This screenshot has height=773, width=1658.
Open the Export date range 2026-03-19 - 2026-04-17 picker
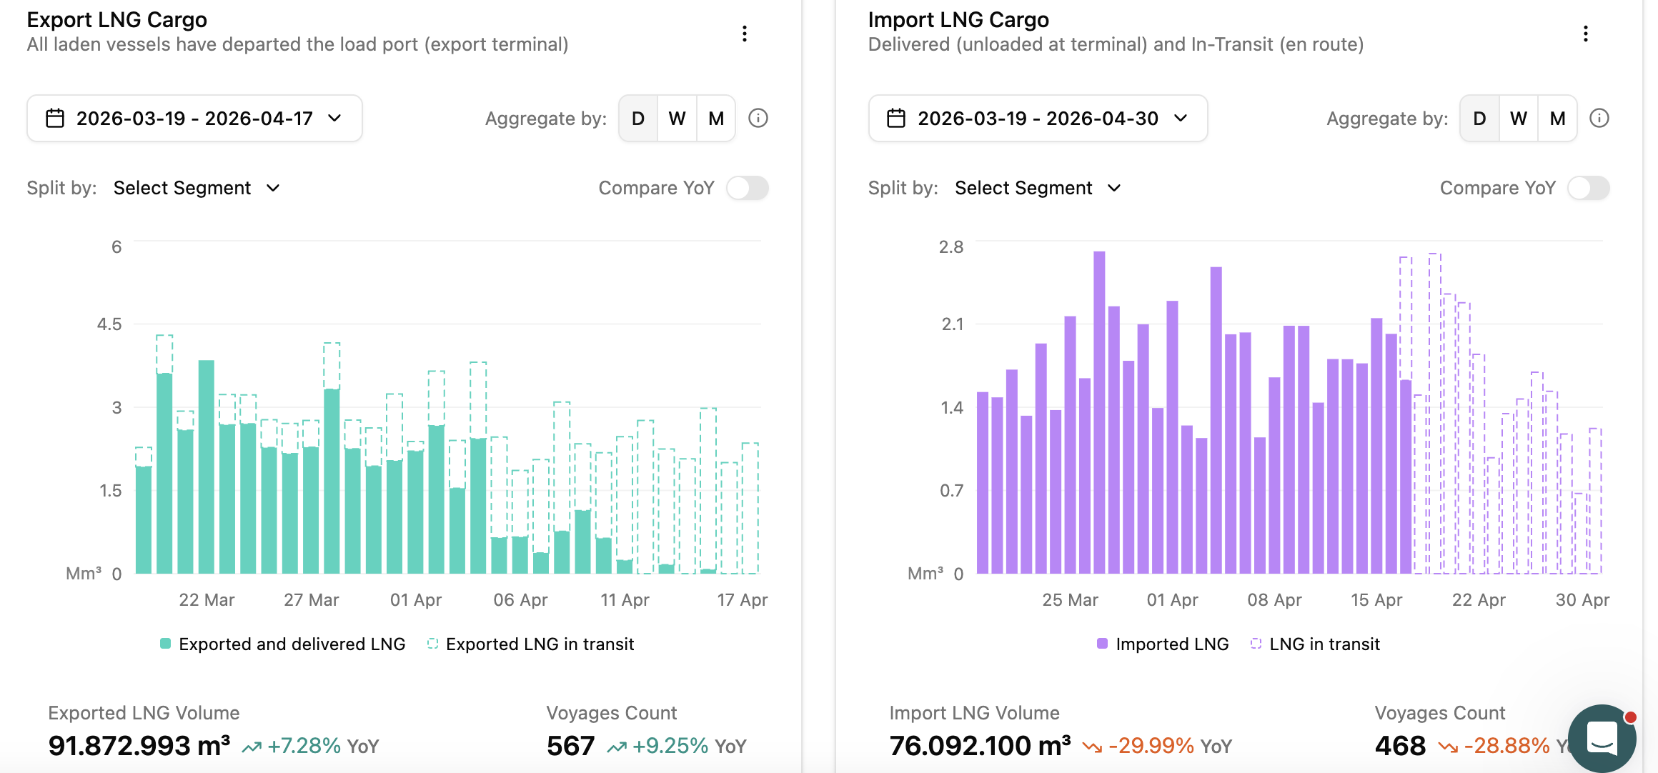[194, 119]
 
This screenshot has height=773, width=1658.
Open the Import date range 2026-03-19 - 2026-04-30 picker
[1038, 119]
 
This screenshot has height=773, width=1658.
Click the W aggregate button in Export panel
[677, 119]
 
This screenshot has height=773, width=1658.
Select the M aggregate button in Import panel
[1557, 119]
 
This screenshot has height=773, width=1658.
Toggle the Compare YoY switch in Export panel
[748, 188]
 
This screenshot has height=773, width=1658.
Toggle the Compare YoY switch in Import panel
[1589, 188]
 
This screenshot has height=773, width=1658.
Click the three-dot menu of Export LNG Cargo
[745, 34]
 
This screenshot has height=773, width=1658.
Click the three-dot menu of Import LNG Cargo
[1586, 34]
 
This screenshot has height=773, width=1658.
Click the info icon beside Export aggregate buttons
[758, 119]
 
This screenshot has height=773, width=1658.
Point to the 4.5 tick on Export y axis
[109, 324]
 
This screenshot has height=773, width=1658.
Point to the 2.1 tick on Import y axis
[952, 324]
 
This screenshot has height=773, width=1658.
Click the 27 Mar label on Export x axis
[311, 600]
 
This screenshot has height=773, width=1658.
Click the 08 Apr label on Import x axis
[1274, 600]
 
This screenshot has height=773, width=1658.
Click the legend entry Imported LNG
[1163, 644]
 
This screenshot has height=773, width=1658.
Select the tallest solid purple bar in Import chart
[1099, 412]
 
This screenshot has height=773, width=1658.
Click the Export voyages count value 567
[570, 746]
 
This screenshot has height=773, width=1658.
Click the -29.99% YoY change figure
[1151, 746]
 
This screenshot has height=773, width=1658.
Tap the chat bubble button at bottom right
[1602, 738]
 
